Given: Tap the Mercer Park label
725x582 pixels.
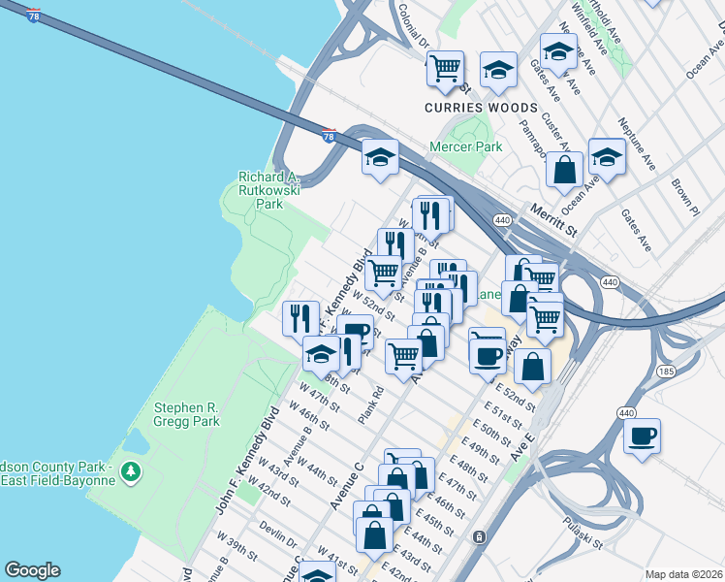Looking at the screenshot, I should [466, 147].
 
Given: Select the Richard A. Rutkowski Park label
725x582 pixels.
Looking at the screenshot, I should [269, 190].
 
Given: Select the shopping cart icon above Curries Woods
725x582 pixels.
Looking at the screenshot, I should [445, 68].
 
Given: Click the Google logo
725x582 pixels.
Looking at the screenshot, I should [32, 570].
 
